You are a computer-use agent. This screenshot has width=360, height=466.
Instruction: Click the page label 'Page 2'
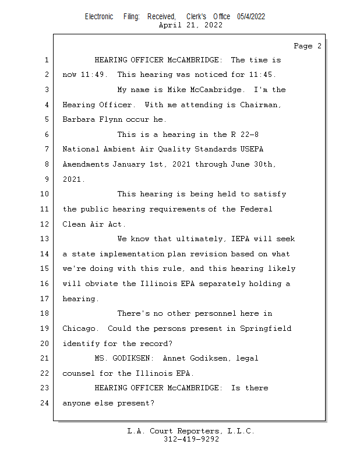[x=308, y=46]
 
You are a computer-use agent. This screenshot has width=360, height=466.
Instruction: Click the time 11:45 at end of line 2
[x=263, y=75]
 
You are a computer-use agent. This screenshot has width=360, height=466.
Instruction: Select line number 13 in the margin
[x=45, y=239]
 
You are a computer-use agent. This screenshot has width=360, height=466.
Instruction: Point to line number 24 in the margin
[x=45, y=403]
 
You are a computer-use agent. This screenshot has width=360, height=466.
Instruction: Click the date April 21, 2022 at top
[x=190, y=25]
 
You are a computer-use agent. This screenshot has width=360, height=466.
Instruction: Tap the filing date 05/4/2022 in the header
[x=251, y=16]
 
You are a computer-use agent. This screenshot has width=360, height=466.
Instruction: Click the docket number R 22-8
[x=238, y=135]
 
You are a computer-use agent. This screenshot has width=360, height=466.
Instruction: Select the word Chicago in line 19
[x=79, y=329]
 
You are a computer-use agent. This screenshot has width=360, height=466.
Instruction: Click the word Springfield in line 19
[x=265, y=329]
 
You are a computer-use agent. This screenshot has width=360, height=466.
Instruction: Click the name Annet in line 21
[x=175, y=358]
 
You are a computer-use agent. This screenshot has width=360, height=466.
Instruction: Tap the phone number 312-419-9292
[x=191, y=439]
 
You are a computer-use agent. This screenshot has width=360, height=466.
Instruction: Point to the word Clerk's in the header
[x=196, y=16]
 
